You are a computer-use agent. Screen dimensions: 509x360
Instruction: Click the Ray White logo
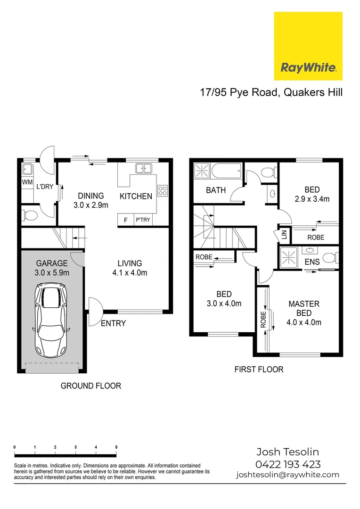coord(308,46)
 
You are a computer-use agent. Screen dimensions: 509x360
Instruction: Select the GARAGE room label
coord(52,263)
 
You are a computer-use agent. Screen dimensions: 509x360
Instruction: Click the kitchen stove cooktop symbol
coord(163,190)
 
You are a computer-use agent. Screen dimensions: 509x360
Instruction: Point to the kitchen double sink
coord(142,168)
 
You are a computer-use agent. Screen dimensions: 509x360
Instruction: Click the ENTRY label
coord(113,323)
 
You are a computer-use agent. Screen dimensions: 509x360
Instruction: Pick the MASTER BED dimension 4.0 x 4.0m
coord(304,322)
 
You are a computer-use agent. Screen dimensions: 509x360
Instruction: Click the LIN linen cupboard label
coord(284,235)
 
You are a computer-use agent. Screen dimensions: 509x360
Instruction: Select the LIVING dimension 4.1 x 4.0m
coord(130,272)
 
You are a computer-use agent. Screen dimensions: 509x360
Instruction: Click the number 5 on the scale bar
coord(116,447)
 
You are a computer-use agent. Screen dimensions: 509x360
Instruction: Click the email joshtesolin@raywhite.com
coord(287,475)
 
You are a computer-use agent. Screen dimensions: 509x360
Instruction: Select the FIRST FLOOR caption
coord(259,369)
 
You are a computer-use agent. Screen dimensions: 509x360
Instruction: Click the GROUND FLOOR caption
coord(91,386)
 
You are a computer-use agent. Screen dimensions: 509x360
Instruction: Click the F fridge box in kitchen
coord(125,220)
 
